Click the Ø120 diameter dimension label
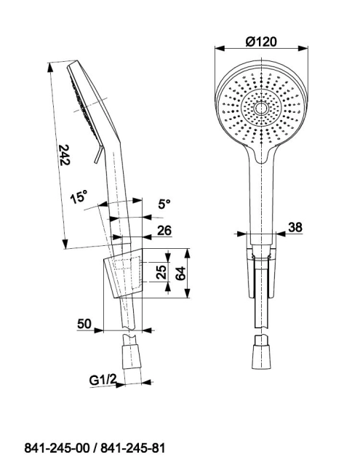[261, 41]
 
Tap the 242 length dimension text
[65, 155]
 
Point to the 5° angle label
[164, 203]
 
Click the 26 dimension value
[164, 230]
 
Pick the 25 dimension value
[161, 271]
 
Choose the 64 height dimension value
[180, 273]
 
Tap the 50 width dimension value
[84, 323]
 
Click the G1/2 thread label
[103, 380]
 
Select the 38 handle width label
[295, 227]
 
